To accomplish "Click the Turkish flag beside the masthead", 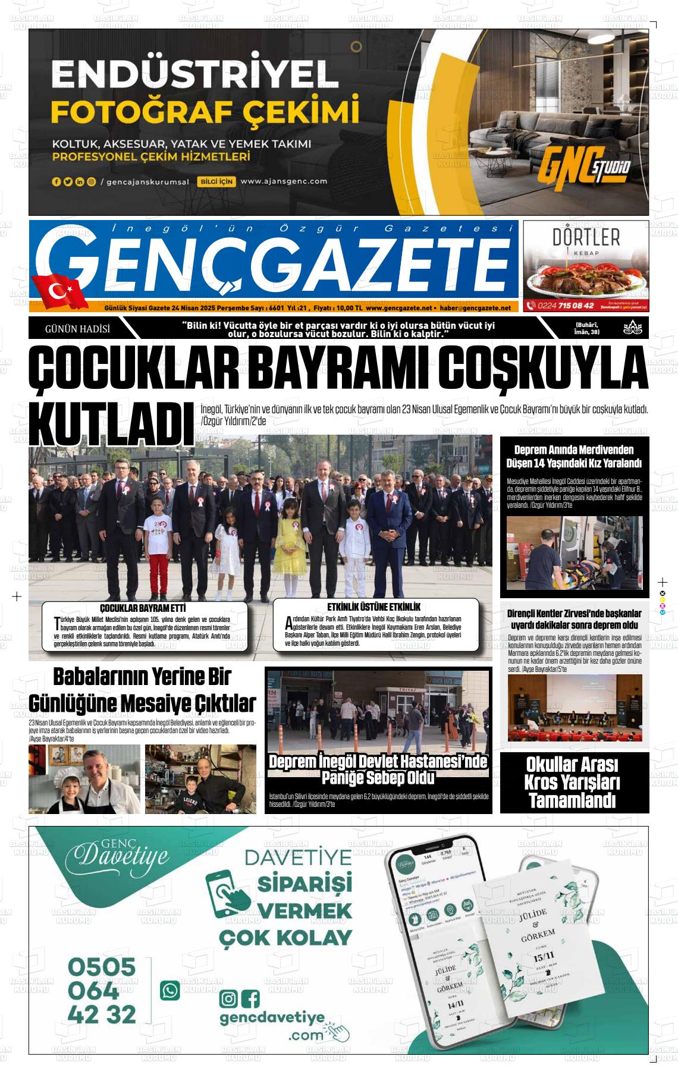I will [60, 291].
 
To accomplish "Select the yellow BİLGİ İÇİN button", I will [216, 182].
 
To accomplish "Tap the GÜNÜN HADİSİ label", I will [77, 328].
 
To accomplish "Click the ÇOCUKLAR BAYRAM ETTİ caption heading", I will [143, 608].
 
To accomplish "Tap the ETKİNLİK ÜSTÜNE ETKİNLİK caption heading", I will [373, 607].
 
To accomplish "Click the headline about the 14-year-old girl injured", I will [574, 456].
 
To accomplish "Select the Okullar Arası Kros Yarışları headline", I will [573, 782].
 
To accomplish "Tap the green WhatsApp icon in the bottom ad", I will [170, 990].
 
